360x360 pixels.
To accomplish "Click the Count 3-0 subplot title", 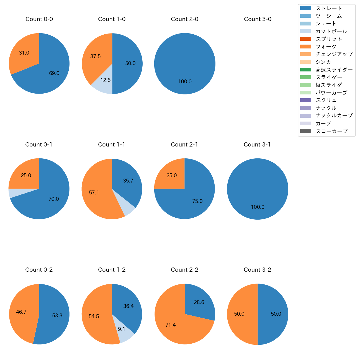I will click(258, 19).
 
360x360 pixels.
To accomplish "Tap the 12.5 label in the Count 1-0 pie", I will click(106, 80).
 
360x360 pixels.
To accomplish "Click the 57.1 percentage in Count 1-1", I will click(94, 192).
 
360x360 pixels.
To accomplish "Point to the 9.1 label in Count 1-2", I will click(122, 329).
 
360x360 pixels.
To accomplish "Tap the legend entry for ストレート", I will click(329, 8).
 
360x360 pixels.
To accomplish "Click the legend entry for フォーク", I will click(326, 47).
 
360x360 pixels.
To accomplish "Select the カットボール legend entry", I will click(331, 31).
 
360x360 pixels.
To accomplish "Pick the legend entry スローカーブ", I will click(331, 131).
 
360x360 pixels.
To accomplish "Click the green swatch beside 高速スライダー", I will click(305, 70).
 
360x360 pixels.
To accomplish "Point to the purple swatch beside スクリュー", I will click(305, 100).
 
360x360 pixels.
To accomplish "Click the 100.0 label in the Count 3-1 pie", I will click(258, 207).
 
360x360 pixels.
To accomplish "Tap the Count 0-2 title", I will click(39, 270).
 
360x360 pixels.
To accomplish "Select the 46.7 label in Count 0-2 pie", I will click(21, 312).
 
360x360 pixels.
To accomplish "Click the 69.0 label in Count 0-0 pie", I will click(54, 73).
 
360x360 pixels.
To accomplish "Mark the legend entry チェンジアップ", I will click(334, 54).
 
